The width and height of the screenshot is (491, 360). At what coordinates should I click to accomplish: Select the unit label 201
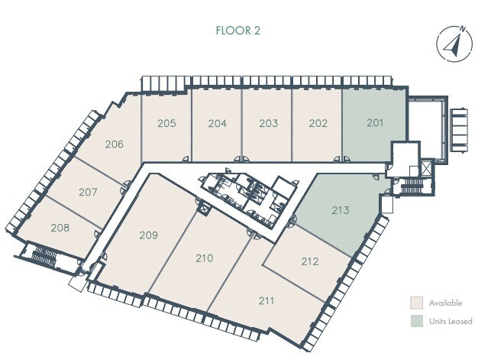tap(374, 123)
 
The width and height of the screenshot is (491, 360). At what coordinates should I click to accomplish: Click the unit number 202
tap(318, 123)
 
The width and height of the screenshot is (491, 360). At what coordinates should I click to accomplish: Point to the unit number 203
tap(268, 123)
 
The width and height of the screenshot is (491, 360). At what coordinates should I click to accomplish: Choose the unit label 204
tap(218, 123)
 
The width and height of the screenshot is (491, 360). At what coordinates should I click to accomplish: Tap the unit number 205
tap(167, 123)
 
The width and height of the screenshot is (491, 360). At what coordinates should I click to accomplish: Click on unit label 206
tap(115, 144)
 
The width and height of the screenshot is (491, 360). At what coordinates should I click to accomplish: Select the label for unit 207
tap(88, 192)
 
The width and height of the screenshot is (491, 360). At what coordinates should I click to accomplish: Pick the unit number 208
tap(61, 228)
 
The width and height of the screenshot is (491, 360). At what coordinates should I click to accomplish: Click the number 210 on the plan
tap(204, 258)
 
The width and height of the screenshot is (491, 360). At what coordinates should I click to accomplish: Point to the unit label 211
tap(266, 300)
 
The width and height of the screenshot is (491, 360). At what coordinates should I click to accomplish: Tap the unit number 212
tap(309, 261)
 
